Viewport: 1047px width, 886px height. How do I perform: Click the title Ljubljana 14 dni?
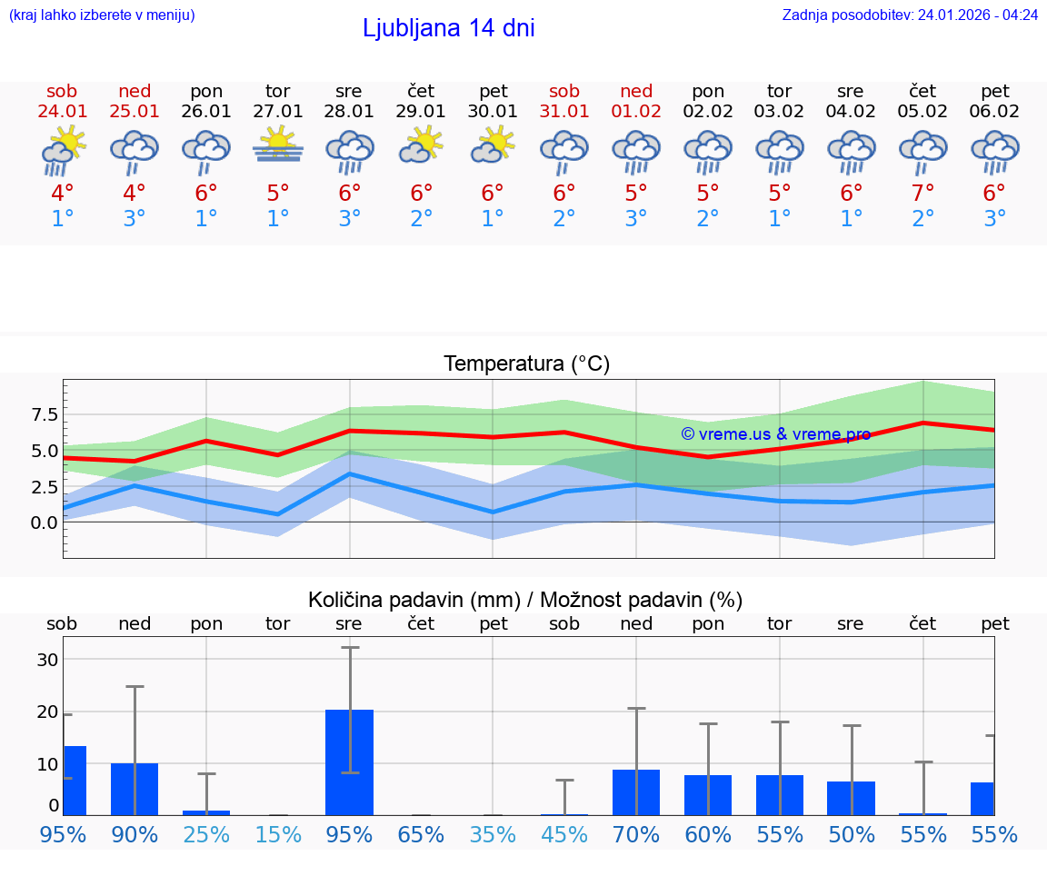point(448,28)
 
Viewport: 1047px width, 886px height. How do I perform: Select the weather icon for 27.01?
point(278,145)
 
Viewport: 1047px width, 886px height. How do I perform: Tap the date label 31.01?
point(564,112)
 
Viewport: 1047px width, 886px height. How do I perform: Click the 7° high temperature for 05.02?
point(923,193)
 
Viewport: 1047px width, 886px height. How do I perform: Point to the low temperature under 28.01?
point(350,218)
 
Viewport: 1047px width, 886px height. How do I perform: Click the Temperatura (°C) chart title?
point(526,364)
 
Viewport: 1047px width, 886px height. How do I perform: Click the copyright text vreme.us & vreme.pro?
point(775,433)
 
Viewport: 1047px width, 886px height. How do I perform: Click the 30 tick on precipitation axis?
point(47,660)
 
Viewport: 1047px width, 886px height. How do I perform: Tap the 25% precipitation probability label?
point(206,834)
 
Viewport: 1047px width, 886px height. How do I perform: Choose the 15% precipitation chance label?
point(278,834)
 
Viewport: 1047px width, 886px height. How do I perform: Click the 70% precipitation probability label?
point(636,834)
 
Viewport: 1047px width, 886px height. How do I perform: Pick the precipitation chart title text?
point(525,600)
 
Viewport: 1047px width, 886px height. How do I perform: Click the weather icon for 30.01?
point(493,145)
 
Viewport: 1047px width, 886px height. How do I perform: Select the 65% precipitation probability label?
point(422,834)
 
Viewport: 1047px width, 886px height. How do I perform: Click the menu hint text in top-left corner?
point(102,15)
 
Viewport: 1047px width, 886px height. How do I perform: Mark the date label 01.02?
point(636,112)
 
